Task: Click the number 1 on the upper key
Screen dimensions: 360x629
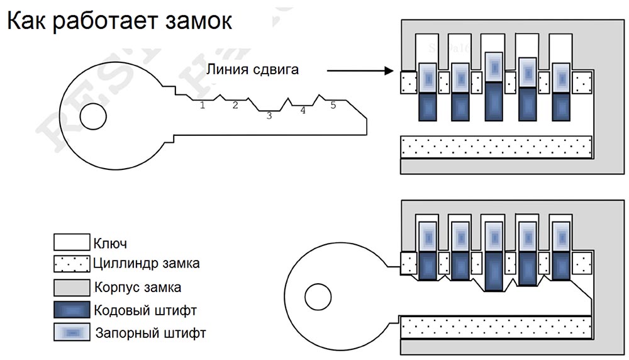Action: pyautogui.click(x=203, y=105)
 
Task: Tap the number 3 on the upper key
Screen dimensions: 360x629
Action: pyautogui.click(x=269, y=115)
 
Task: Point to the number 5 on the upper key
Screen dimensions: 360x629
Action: pyautogui.click(x=333, y=105)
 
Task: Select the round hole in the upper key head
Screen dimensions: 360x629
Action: pyautogui.click(x=93, y=115)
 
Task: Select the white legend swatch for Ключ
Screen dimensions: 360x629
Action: pyautogui.click(x=72, y=242)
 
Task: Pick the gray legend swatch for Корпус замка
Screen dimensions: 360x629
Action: pyautogui.click(x=72, y=287)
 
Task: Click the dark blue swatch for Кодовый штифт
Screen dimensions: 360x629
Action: pyautogui.click(x=72, y=310)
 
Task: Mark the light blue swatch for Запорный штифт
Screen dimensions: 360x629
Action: pyautogui.click(x=72, y=332)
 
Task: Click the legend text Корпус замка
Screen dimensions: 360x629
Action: pyautogui.click(x=138, y=288)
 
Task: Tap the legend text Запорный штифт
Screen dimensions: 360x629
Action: pyautogui.click(x=150, y=332)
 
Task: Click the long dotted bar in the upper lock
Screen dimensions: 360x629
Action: pyautogui.click(x=496, y=147)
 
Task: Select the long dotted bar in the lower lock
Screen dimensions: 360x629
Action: pyautogui.click(x=496, y=328)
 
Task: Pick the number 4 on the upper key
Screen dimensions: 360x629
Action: pyautogui.click(x=303, y=111)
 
